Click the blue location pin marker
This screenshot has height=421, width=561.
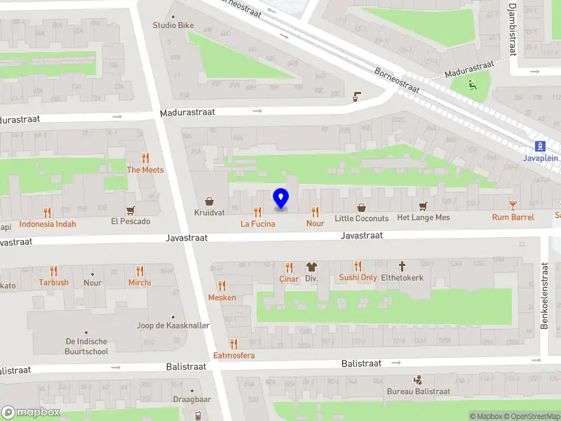coord(280,198)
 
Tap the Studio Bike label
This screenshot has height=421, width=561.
coord(173,25)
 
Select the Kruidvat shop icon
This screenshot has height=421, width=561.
coord(209,201)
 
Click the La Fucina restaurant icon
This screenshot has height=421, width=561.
coord(258,212)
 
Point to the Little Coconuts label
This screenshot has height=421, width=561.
coord(361,218)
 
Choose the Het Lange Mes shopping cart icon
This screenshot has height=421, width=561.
coord(423,206)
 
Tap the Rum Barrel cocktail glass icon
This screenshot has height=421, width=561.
coord(513,206)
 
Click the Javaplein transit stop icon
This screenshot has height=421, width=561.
coord(541,146)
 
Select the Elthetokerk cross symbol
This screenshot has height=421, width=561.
coord(402,266)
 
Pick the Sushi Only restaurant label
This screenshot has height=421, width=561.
coord(358,278)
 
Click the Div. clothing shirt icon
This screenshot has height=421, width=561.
coord(311,267)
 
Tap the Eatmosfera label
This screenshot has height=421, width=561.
coord(234,355)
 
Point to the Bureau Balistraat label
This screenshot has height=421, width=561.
coord(418,391)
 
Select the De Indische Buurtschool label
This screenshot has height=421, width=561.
coord(86,346)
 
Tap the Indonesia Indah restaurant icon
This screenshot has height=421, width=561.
coord(48,212)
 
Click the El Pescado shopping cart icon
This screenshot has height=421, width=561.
coord(130,210)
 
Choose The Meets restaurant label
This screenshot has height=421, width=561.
coord(145,170)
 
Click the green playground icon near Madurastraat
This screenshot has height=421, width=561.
coord(472,86)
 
